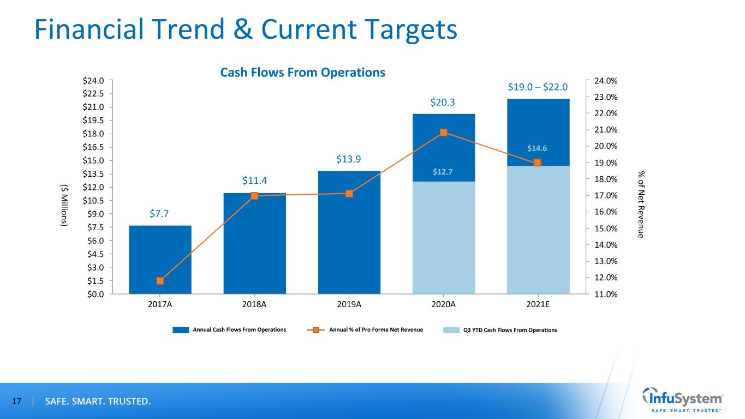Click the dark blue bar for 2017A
pyautogui.click(x=160, y=259)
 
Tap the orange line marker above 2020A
pyautogui.click(x=443, y=133)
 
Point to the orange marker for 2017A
pyautogui.click(x=160, y=281)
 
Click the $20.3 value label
pyautogui.click(x=443, y=102)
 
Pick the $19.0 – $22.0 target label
pyautogui.click(x=538, y=87)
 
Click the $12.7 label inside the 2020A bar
pyautogui.click(x=443, y=172)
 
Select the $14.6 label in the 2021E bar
pyautogui.click(x=538, y=148)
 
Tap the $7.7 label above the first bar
pyautogui.click(x=160, y=214)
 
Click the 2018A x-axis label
pyautogui.click(x=254, y=304)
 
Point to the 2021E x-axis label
pyautogui.click(x=538, y=304)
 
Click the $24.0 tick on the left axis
pyautogui.click(x=96, y=81)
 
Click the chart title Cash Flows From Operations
pyautogui.click(x=302, y=73)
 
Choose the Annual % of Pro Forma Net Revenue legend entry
pyautogui.click(x=376, y=330)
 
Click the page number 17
pyautogui.click(x=17, y=402)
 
